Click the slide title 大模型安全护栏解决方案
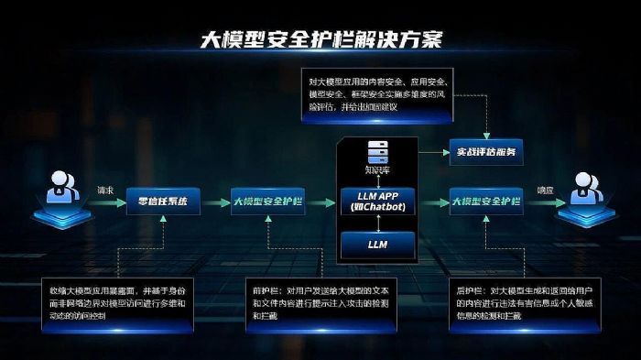(320, 39)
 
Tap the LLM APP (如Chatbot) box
(377, 201)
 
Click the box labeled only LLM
(377, 245)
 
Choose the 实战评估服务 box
(484, 151)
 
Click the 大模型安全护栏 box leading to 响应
(486, 200)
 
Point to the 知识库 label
(377, 169)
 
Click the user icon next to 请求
(58, 195)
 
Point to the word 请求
(103, 191)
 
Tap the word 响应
(545, 191)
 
